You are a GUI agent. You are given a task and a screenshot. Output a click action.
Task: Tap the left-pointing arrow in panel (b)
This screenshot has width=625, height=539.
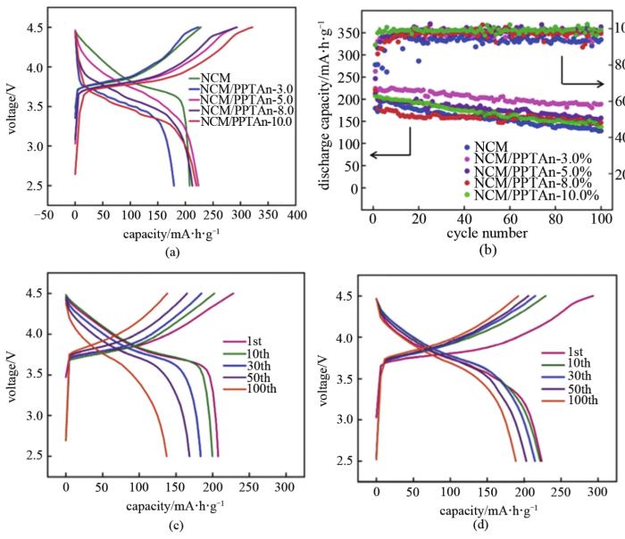(x=389, y=154)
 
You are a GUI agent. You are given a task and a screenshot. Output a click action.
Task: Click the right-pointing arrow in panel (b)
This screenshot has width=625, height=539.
(x=581, y=80)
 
